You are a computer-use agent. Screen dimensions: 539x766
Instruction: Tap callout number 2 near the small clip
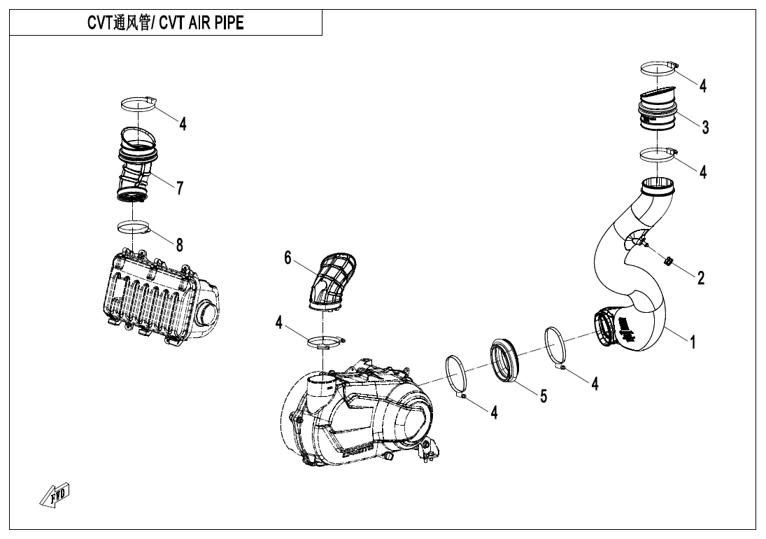(x=700, y=277)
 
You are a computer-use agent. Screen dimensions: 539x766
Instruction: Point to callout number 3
(x=705, y=127)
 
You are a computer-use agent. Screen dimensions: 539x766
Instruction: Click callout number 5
(x=543, y=395)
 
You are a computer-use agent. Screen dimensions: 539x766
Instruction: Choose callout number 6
(x=288, y=258)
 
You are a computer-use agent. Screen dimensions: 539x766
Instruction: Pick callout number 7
(x=180, y=188)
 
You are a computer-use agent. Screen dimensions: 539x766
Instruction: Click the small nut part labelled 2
(x=667, y=262)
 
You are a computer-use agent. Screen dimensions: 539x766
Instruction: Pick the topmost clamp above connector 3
(x=658, y=67)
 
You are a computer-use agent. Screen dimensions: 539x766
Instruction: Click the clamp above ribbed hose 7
(x=138, y=104)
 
